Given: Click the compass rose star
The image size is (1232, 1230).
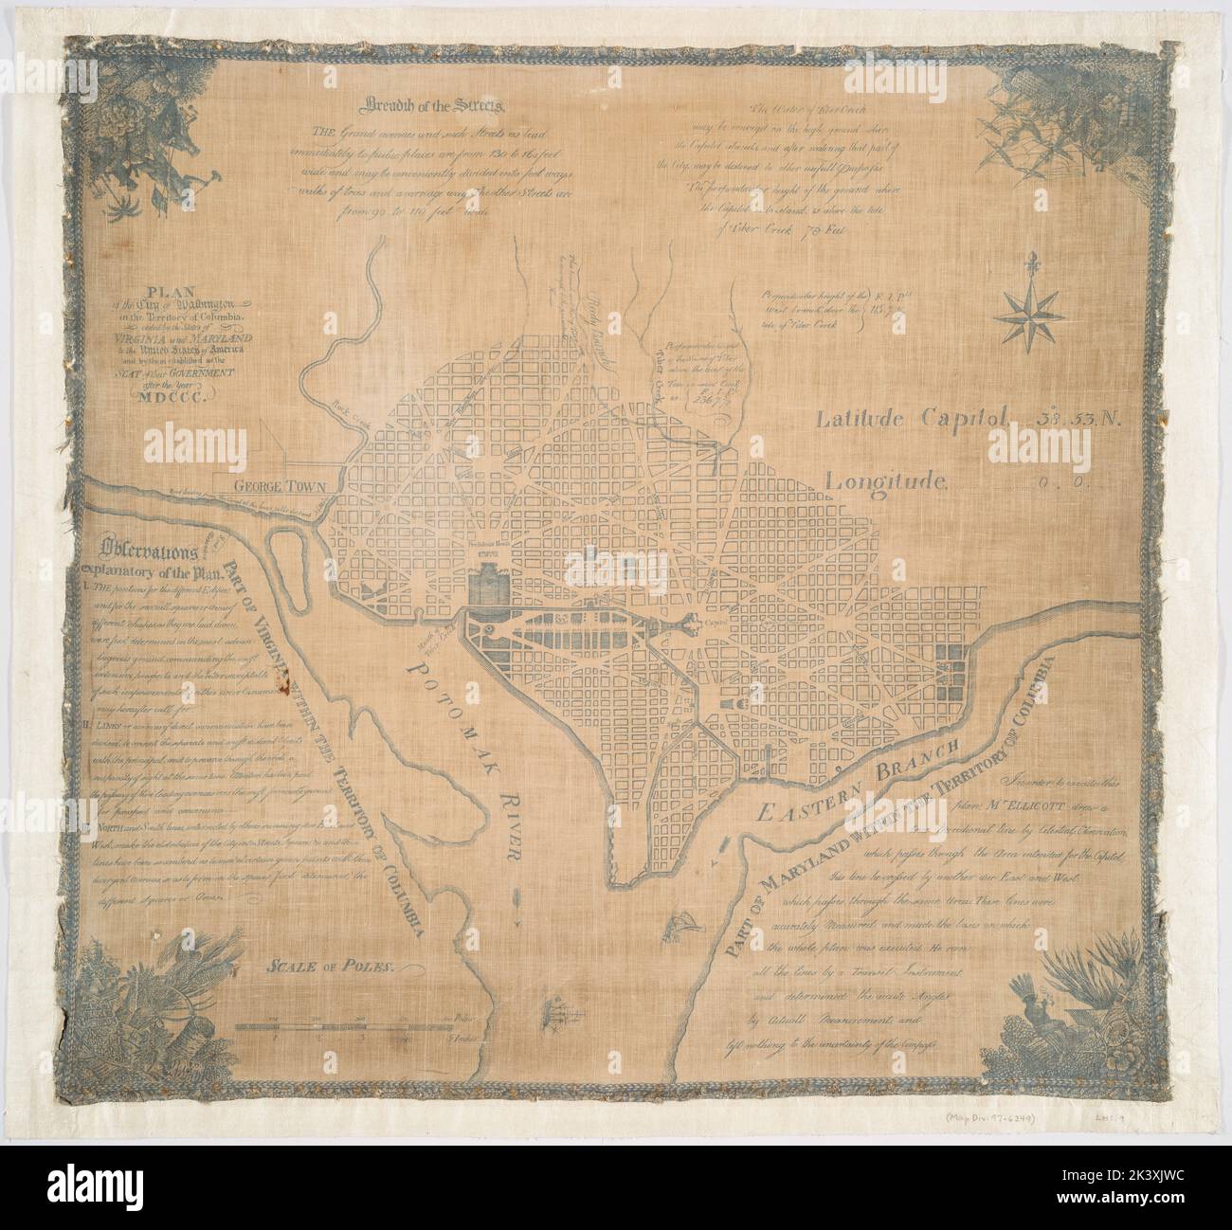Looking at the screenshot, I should (1025, 315).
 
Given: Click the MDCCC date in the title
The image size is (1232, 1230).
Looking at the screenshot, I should (176, 396).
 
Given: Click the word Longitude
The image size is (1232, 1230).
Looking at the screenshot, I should (886, 480).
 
